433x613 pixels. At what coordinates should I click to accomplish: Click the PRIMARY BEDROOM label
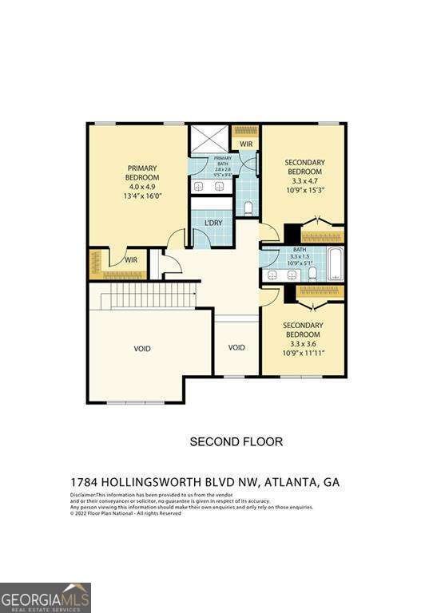pyautogui.click(x=144, y=172)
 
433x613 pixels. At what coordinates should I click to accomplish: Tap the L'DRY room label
pyautogui.click(x=213, y=221)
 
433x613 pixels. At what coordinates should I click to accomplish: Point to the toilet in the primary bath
pyautogui.click(x=248, y=209)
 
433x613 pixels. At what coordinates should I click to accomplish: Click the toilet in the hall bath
pyautogui.click(x=312, y=273)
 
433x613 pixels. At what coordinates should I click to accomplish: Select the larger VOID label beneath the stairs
pyautogui.click(x=142, y=349)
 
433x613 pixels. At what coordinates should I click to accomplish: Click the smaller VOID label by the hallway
pyautogui.click(x=236, y=347)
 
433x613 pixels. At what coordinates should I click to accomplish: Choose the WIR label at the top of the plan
pyautogui.click(x=246, y=144)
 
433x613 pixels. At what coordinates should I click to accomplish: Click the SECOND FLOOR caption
pyautogui.click(x=235, y=441)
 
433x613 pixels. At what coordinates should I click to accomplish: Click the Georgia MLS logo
pyautogui.click(x=46, y=597)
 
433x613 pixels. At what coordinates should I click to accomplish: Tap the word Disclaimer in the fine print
pyautogui.click(x=83, y=495)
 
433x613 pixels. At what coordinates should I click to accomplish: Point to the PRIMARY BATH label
pyautogui.click(x=222, y=160)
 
